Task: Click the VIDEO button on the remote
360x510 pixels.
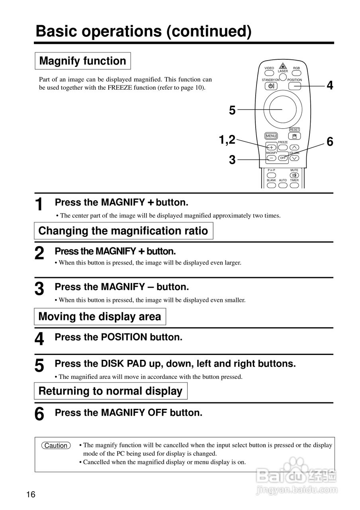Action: pyautogui.click(x=269, y=73)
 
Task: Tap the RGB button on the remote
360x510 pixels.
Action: pyautogui.click(x=296, y=73)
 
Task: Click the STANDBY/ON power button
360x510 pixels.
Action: pyautogui.click(x=271, y=86)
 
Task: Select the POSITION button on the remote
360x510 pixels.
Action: pyautogui.click(x=295, y=86)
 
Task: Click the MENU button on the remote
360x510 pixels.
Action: pyautogui.click(x=271, y=136)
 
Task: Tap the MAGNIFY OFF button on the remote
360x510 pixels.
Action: pyautogui.click(x=283, y=158)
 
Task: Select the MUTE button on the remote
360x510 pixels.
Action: pyautogui.click(x=294, y=175)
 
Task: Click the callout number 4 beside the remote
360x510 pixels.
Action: pyautogui.click(x=330, y=85)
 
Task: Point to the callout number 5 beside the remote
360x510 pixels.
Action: pyautogui.click(x=232, y=110)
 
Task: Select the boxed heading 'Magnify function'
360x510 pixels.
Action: pyautogui.click(x=83, y=61)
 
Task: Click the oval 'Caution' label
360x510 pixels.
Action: pyautogui.click(x=56, y=445)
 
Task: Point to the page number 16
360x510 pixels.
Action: pyautogui.click(x=31, y=495)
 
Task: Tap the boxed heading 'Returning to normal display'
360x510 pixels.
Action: pyautogui.click(x=110, y=391)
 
